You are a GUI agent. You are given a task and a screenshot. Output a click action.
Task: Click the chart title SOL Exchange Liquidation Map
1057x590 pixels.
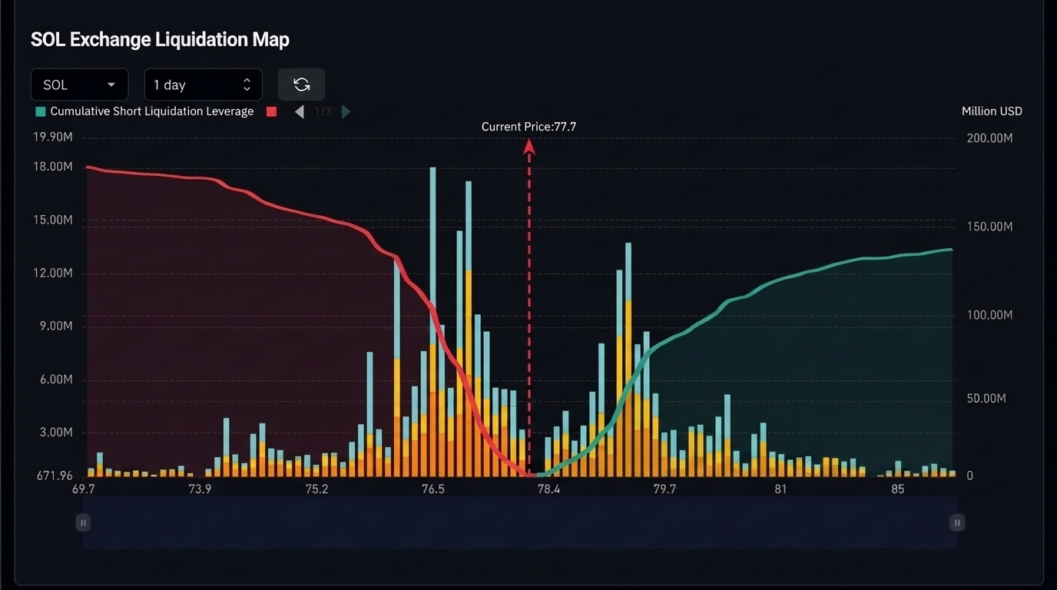pos(160,40)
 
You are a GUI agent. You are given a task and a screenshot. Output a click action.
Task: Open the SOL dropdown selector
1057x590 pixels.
pos(79,85)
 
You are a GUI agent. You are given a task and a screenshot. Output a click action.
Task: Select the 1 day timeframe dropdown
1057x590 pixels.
pos(204,85)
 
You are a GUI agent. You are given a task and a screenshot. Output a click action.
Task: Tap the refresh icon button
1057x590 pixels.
pos(302,85)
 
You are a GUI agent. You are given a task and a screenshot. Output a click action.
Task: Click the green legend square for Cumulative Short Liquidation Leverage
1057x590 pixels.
pos(41,112)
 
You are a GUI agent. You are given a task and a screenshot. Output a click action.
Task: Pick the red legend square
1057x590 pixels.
pos(271,112)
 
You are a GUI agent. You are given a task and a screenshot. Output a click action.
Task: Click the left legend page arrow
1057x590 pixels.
pos(299,112)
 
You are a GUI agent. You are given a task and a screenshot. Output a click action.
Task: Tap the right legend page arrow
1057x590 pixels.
pos(346,112)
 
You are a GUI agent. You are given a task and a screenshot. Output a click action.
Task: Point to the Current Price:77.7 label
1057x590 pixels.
pos(528,127)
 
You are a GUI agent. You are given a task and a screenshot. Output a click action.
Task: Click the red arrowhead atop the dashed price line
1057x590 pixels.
pos(529,147)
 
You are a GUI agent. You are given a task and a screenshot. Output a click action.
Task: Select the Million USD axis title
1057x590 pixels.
pos(992,111)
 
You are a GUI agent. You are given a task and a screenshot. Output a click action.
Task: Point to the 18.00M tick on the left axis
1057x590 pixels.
pos(53,167)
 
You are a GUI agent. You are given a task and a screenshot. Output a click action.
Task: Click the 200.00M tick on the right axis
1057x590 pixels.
pos(989,138)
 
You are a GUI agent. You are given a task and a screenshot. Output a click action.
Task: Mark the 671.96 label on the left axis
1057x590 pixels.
pos(55,476)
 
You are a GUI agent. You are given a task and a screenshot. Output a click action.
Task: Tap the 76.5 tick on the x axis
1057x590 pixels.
pos(432,489)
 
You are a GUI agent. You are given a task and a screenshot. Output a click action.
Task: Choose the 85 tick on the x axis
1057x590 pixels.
pos(897,489)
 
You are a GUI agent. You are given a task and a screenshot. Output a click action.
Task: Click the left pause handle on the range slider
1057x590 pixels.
pos(83,523)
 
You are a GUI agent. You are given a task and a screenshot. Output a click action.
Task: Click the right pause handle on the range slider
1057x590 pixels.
pos(957,523)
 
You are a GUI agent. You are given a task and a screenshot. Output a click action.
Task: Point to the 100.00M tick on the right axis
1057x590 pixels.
pos(989,315)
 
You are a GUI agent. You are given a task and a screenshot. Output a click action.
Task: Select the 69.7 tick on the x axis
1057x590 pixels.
pos(84,489)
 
